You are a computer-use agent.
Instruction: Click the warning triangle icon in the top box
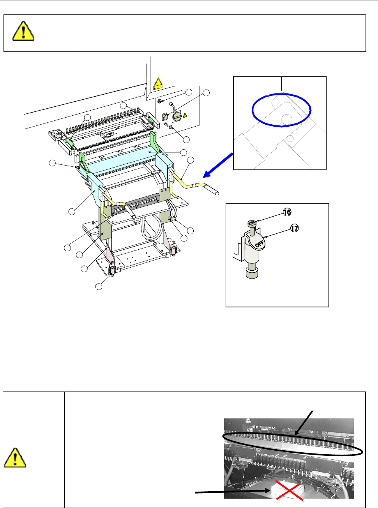click(23, 31)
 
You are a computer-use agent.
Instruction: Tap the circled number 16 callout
click(287, 212)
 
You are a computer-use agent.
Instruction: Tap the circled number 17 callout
click(295, 228)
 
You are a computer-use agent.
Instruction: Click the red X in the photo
click(288, 489)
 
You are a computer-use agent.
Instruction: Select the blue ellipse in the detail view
click(281, 110)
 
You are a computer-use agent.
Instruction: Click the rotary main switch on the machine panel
click(177, 116)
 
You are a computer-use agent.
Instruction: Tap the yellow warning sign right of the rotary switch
click(185, 115)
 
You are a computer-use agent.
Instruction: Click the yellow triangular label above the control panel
click(158, 83)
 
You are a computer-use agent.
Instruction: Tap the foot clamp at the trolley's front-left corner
click(112, 269)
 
